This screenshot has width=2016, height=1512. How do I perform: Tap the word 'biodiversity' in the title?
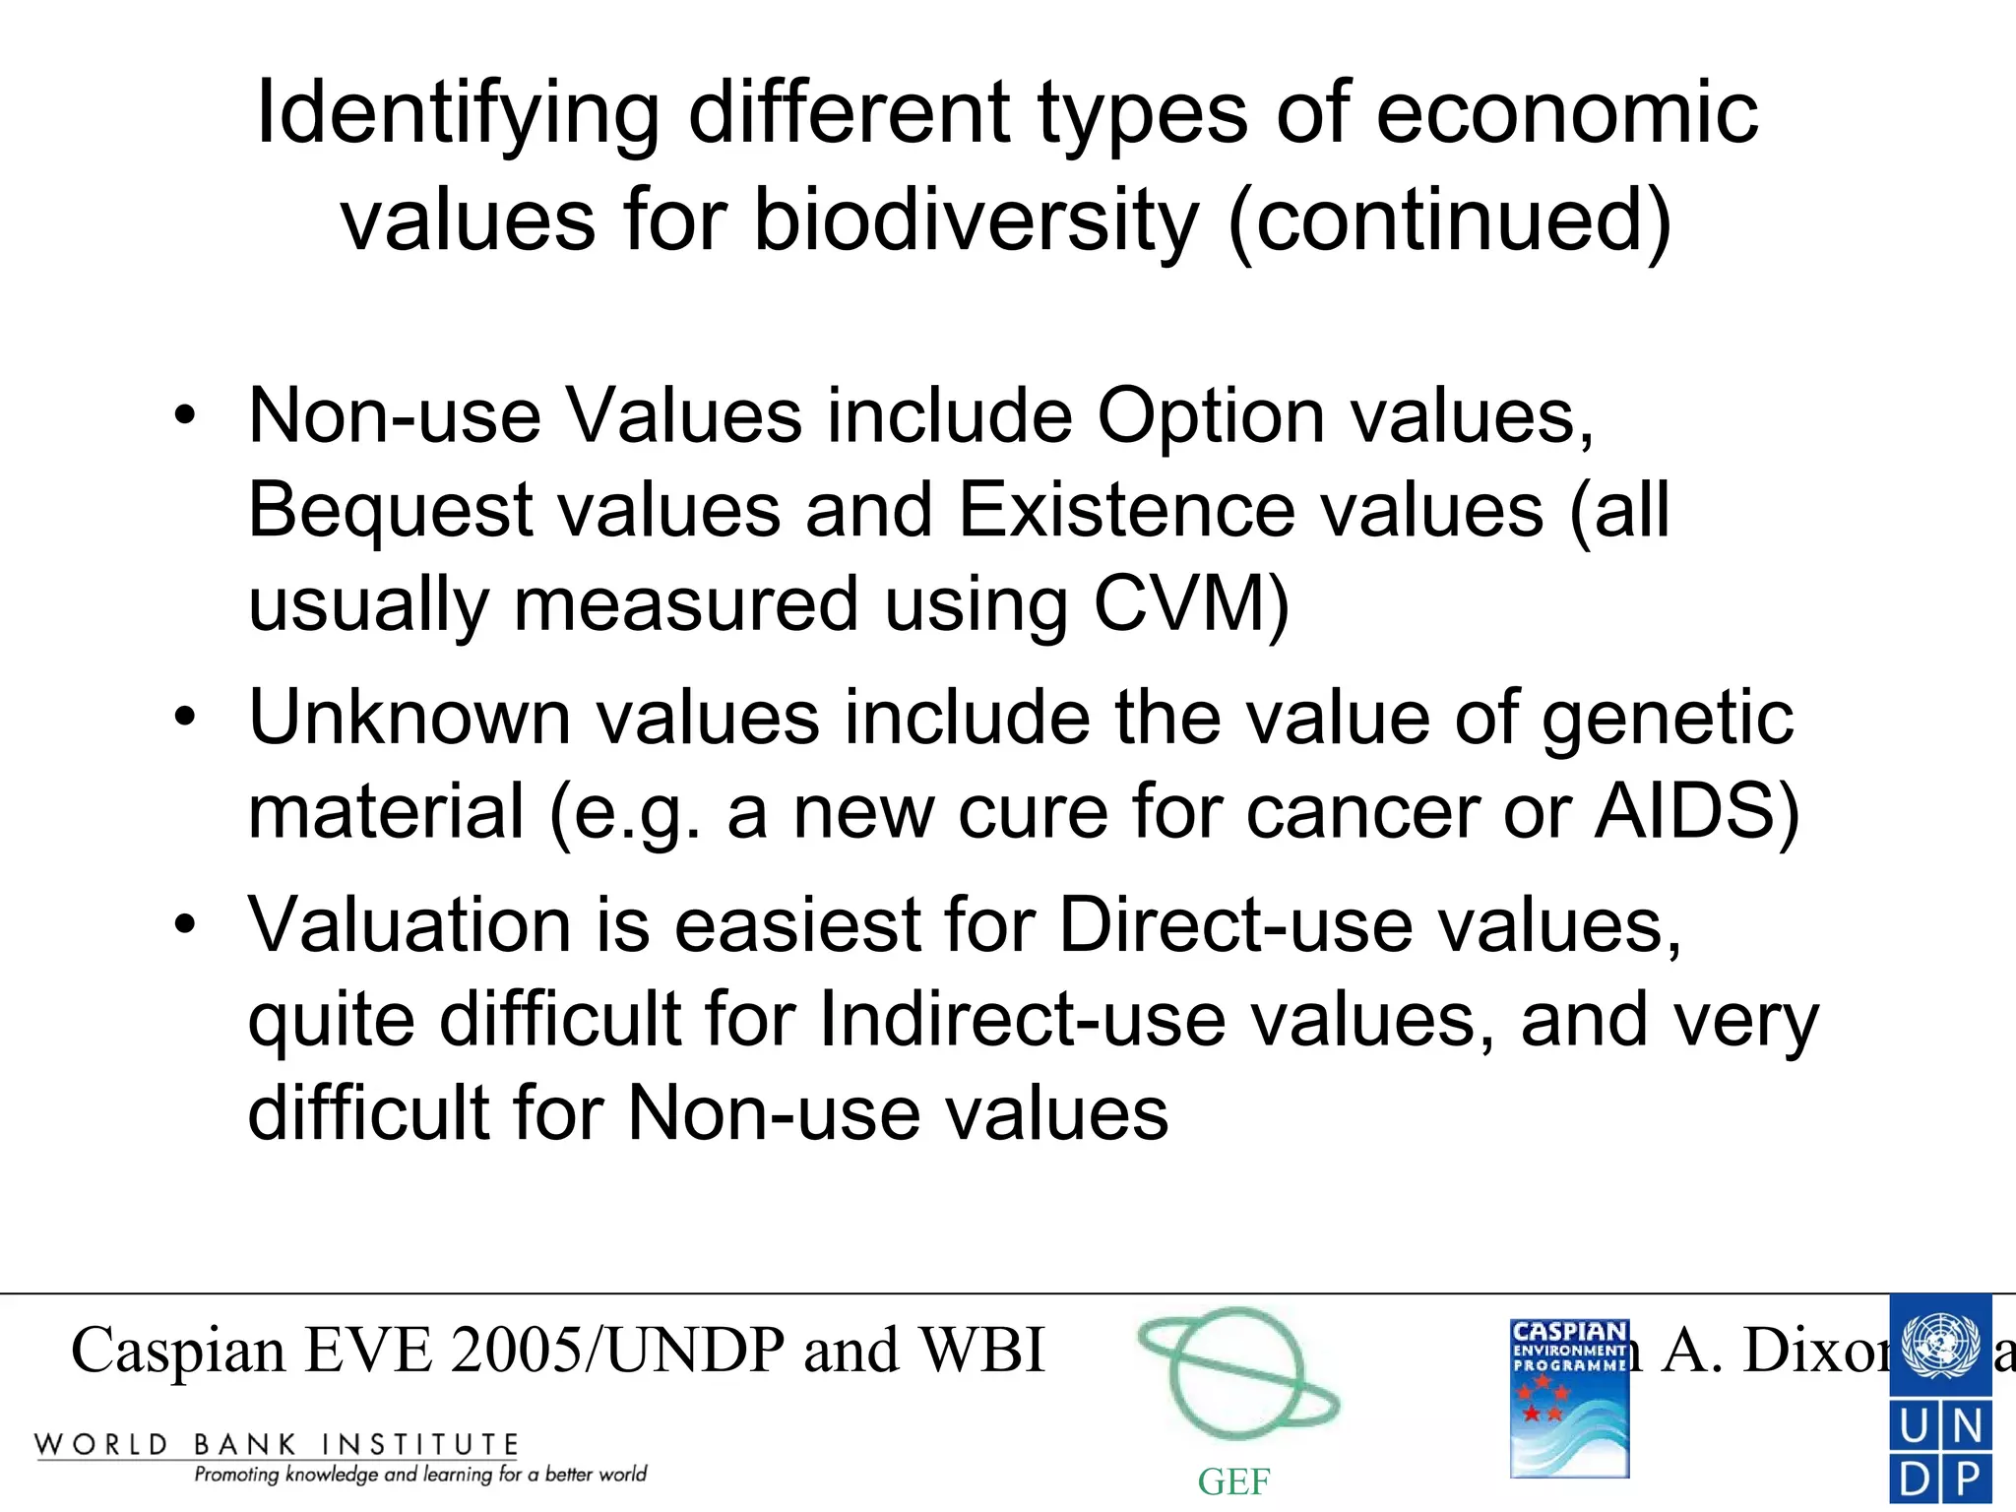pos(976,220)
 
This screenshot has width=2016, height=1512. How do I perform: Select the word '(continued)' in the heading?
pos(1450,220)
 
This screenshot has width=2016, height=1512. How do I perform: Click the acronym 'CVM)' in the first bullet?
pos(1191,604)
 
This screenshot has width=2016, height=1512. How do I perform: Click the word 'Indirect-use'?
pos(1021,1020)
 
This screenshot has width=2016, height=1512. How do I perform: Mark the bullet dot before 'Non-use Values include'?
pos(185,416)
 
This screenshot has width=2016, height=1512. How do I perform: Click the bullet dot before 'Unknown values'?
pos(185,718)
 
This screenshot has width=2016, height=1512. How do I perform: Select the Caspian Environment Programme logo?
pos(1569,1398)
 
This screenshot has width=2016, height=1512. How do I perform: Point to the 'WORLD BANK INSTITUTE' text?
pos(277,1445)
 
